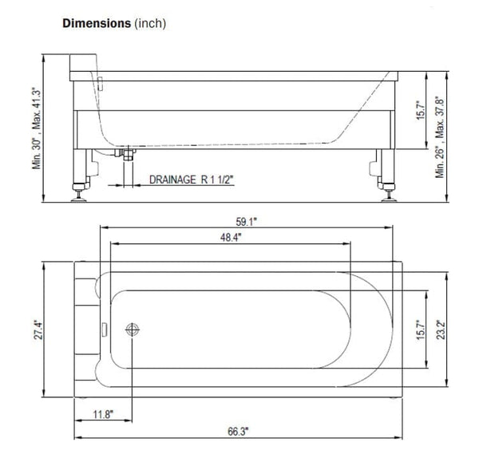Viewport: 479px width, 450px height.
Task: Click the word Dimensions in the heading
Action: point(96,24)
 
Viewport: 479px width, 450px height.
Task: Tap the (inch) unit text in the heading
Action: point(149,24)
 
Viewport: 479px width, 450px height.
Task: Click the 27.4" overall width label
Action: point(49,329)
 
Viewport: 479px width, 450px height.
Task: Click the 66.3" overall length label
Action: point(237,431)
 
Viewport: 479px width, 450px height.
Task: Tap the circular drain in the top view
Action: point(133,329)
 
